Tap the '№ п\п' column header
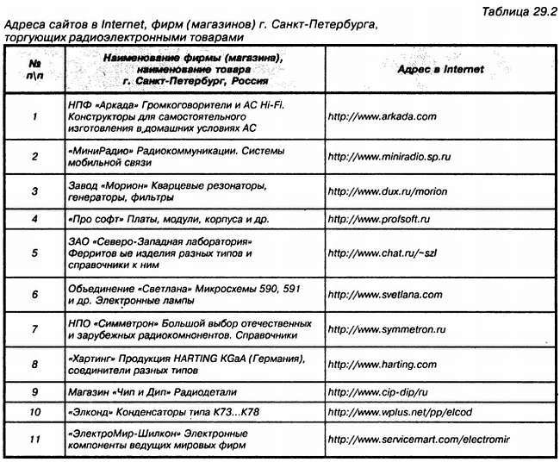pos(34,68)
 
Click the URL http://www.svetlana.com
pos(385,295)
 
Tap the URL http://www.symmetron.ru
pos(387,330)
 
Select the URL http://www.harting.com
pos(381,365)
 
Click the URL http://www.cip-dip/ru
pos(378,391)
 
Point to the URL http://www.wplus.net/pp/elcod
pos(397,412)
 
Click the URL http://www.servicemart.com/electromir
pos(420,440)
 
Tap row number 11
pos(34,440)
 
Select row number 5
pos(34,254)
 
